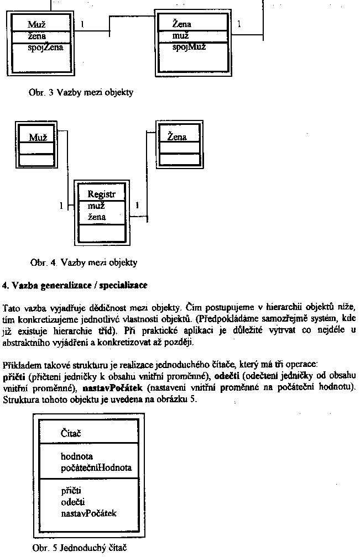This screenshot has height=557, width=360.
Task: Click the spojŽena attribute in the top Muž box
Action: (45, 48)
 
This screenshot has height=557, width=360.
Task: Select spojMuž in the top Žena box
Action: (189, 47)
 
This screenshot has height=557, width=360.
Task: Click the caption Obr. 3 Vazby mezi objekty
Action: (81, 93)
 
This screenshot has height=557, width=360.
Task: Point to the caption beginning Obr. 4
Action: (84, 262)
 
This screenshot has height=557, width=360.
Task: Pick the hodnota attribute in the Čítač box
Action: (76, 456)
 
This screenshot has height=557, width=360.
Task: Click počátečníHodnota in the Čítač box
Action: (96, 467)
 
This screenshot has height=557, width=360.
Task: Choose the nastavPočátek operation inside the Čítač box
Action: (88, 513)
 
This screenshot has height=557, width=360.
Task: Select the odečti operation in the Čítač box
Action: (72, 502)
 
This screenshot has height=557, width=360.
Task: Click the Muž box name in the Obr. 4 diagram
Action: (36, 137)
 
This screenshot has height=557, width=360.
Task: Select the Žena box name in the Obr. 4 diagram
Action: (176, 137)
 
